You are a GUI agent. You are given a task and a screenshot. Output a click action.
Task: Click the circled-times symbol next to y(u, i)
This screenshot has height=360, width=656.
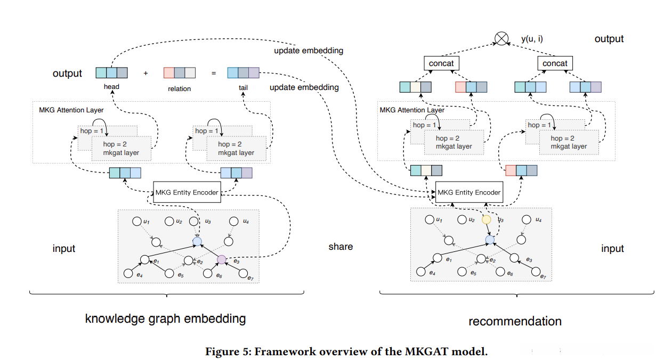(x=501, y=38)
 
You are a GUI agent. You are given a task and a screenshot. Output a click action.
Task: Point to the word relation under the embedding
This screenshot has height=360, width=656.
(x=179, y=88)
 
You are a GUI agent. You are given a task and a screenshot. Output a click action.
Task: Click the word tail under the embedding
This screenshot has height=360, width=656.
(x=243, y=87)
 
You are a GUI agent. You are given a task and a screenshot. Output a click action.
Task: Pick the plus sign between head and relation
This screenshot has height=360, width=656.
(x=145, y=73)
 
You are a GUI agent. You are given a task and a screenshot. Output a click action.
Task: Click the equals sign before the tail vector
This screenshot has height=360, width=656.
(x=213, y=73)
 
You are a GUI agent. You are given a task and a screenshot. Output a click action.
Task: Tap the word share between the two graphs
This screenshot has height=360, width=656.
(x=341, y=247)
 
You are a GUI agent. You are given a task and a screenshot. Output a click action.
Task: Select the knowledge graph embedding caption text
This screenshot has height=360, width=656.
(x=165, y=319)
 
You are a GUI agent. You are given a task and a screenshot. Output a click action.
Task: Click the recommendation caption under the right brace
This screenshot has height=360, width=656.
(x=515, y=321)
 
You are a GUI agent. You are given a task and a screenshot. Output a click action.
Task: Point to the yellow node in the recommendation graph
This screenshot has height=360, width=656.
(x=486, y=219)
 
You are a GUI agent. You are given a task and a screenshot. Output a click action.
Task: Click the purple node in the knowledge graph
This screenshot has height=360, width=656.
(x=222, y=260)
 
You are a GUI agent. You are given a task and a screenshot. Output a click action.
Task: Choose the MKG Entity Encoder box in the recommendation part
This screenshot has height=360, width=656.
(x=469, y=192)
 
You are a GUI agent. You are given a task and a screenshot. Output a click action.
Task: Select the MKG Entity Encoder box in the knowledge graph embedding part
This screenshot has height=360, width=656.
(x=187, y=192)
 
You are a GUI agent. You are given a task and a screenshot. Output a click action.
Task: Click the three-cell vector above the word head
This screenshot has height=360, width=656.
(x=111, y=73)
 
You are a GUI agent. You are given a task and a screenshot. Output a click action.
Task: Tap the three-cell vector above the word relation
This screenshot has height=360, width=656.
(x=179, y=73)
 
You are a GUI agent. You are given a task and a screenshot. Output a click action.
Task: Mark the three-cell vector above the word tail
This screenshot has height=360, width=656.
(x=243, y=73)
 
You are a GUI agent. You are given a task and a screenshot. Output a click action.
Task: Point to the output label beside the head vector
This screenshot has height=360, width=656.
(x=67, y=73)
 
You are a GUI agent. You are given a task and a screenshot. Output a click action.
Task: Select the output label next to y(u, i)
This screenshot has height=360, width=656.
(x=609, y=39)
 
